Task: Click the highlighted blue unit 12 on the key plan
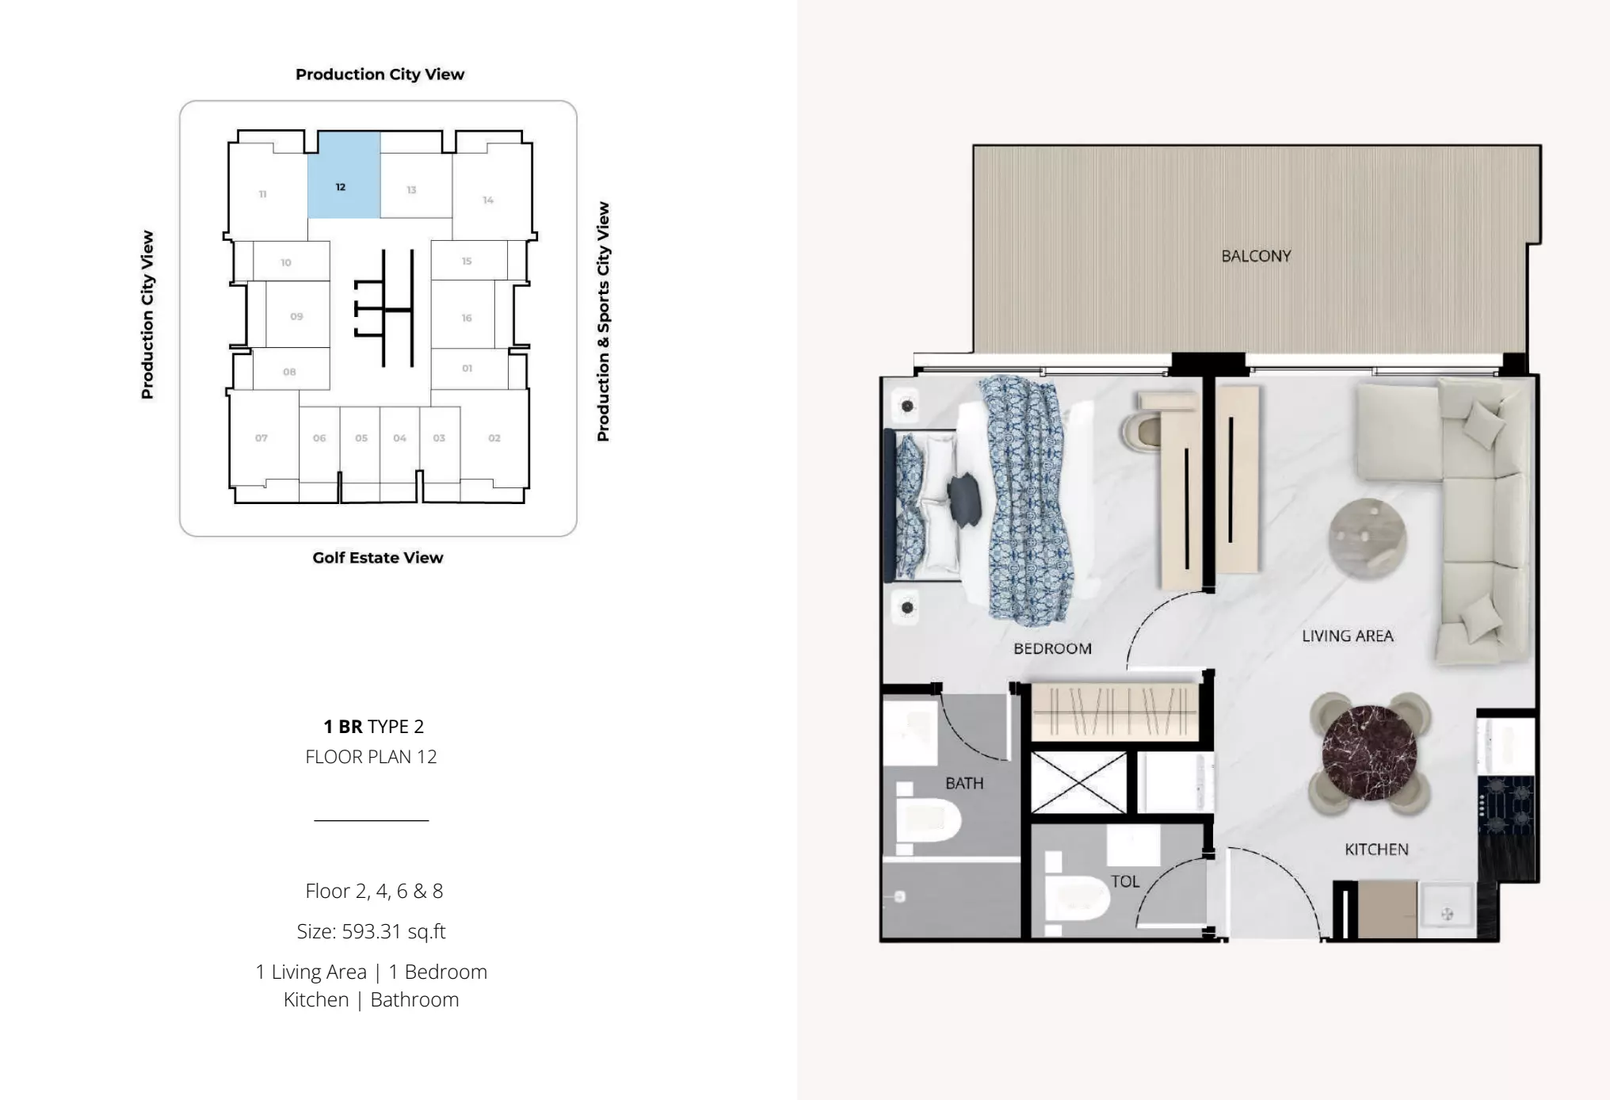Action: point(344,175)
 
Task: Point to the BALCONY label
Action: point(1256,256)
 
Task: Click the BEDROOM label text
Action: point(1052,648)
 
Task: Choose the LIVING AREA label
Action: point(1347,636)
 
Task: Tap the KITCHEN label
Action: point(1376,849)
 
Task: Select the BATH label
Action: point(964,783)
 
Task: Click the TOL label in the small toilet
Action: point(1124,881)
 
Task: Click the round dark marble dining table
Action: point(1369,753)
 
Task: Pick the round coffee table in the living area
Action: point(1367,538)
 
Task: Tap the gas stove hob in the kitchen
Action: point(1506,805)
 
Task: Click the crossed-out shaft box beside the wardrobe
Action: point(1078,783)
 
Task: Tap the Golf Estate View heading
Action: point(378,557)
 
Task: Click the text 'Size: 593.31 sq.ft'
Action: point(371,931)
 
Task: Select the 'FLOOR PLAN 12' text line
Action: point(371,757)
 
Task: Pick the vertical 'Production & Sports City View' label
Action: point(603,321)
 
